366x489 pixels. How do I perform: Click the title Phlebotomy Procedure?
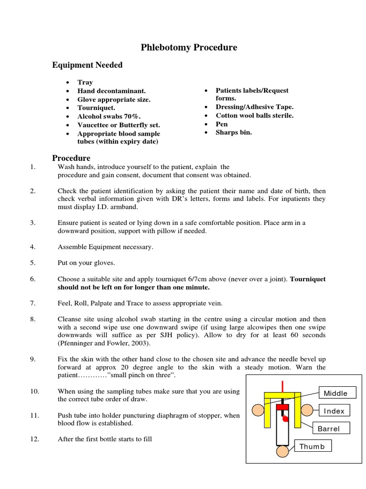[189, 47]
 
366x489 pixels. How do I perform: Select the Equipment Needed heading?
[87, 65]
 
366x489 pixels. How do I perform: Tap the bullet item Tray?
[85, 82]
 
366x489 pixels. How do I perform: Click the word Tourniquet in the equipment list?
[96, 108]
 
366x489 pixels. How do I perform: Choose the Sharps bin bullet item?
[234, 133]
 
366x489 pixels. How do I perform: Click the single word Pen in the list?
[222, 124]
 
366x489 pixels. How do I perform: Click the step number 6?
[33, 279]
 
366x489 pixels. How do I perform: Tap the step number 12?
[34, 439]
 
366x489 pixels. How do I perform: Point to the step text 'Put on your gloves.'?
[86, 263]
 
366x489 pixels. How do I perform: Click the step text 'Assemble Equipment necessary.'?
[106, 247]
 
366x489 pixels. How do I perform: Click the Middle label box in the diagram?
[335, 393]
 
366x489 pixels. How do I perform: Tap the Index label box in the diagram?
[334, 411]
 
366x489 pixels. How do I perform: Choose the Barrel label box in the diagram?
[331, 428]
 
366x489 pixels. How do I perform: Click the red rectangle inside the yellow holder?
[283, 406]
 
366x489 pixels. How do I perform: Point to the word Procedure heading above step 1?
[71, 158]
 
